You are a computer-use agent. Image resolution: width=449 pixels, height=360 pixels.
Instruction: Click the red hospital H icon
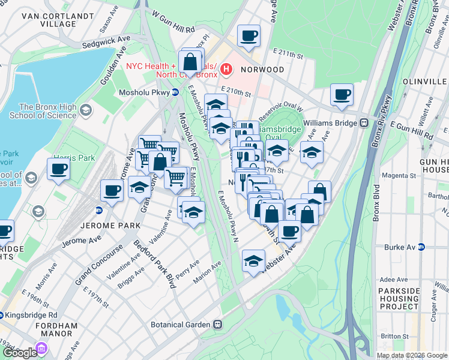[226, 70]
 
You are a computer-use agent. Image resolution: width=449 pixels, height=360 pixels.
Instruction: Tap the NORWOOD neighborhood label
[262, 70]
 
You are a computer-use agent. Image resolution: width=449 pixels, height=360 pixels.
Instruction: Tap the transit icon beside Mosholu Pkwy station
[175, 92]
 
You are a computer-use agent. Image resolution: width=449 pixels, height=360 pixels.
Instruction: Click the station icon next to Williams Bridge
[364, 122]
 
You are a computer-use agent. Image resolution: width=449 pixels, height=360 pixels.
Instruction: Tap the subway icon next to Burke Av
[421, 247]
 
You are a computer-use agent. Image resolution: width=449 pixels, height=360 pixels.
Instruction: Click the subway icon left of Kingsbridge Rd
[2, 314]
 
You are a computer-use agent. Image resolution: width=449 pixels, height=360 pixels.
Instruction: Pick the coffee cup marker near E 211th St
[249, 35]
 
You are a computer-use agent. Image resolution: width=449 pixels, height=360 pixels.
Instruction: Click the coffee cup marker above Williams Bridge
[342, 94]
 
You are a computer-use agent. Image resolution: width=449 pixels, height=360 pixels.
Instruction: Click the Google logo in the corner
[20, 353]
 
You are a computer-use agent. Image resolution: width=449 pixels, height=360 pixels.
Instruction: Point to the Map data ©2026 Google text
[411, 355]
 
